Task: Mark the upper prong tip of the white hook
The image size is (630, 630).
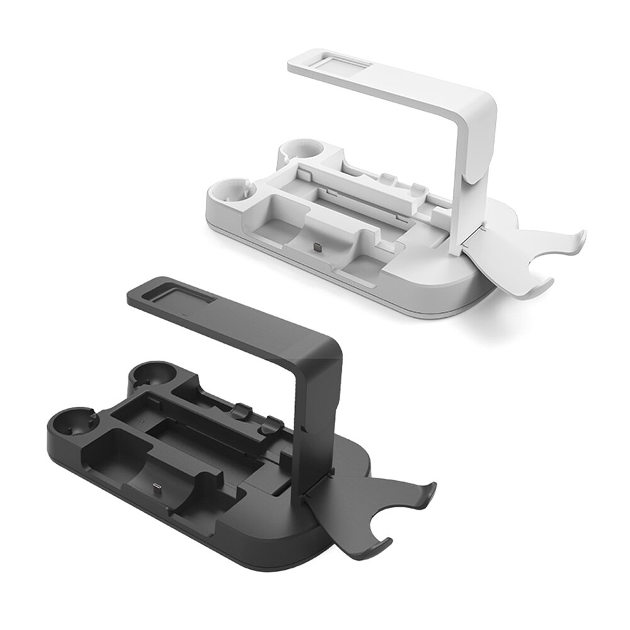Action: tap(583, 238)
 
